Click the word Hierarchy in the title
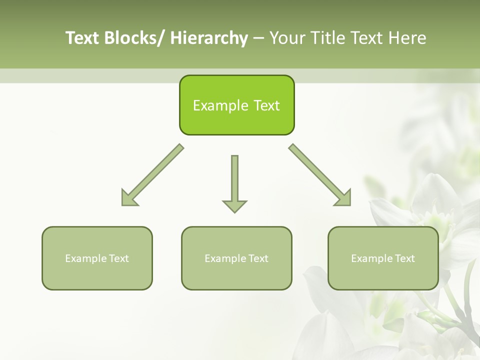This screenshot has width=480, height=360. (209, 38)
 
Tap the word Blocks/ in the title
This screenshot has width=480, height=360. (135, 38)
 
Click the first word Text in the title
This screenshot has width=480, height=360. (83, 38)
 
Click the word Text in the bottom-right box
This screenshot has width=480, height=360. (404, 258)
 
